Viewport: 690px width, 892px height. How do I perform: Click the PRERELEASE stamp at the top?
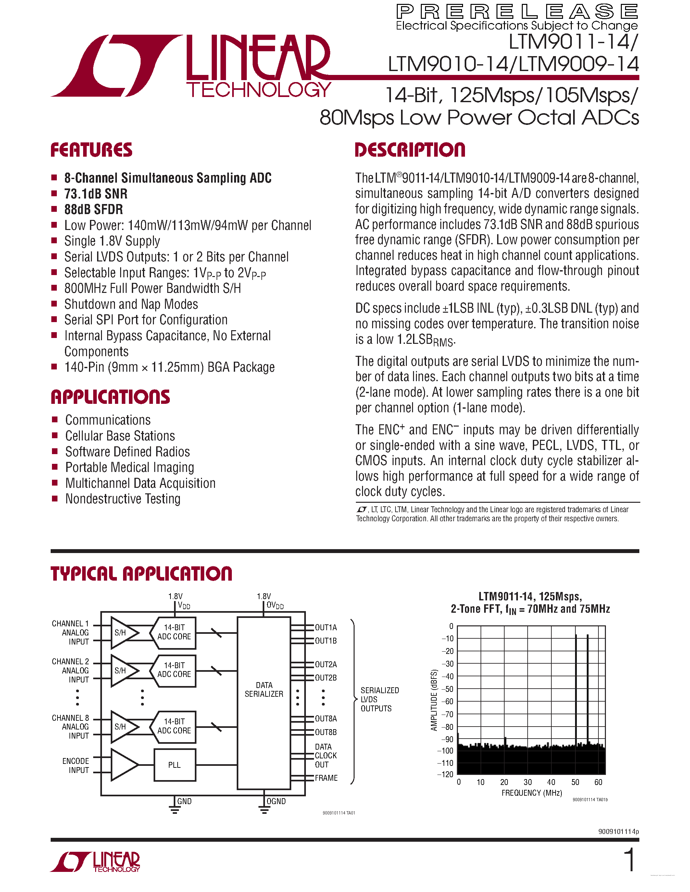coord(517,11)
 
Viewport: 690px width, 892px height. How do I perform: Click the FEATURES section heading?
coord(91,150)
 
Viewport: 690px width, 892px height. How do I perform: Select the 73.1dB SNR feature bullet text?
coord(96,194)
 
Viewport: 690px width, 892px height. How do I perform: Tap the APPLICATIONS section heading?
coord(110,397)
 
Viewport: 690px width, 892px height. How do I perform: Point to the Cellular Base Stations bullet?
coord(120,436)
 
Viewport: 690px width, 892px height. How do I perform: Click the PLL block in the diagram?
coord(175,765)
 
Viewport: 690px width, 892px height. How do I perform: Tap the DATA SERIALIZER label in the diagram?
coord(264,689)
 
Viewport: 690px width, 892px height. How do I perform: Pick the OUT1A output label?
coord(326,627)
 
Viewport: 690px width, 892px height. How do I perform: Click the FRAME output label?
coord(326,778)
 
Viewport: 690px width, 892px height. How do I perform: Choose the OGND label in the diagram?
coord(276,801)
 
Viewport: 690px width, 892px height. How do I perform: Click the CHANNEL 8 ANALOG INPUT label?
coord(70,727)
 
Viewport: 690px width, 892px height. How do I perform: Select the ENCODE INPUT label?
coord(76,765)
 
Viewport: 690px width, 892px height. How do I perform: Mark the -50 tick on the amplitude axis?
coord(448,689)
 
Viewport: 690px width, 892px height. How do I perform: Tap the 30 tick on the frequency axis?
coord(528,782)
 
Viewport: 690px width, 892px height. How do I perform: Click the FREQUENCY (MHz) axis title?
coord(532,793)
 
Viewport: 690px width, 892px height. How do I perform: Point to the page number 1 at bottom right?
coord(630,860)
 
